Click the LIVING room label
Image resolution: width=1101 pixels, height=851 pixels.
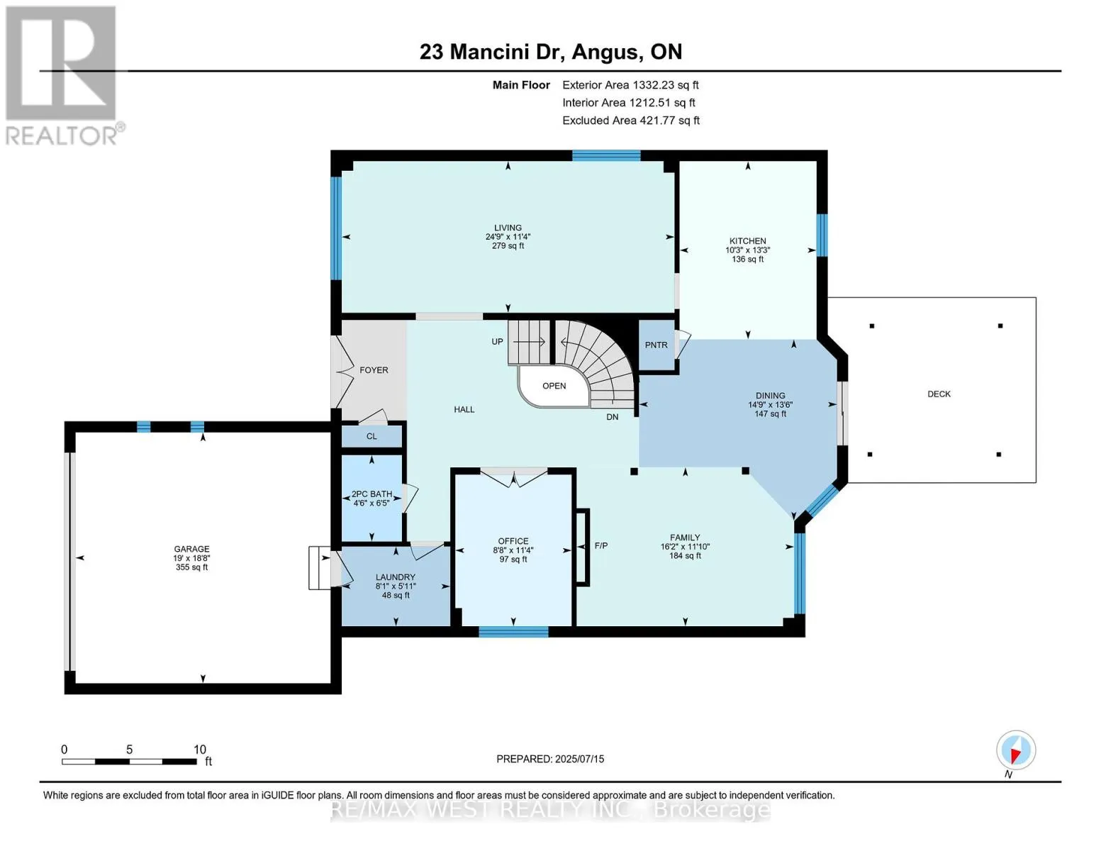pos(508,228)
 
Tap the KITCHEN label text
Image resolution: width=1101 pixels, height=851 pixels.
pos(747,240)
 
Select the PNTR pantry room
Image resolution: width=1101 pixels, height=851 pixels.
pos(656,345)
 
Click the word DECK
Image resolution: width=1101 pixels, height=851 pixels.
pos(939,394)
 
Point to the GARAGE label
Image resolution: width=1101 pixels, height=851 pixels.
pos(191,549)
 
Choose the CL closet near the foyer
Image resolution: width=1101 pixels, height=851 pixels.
pos(372,436)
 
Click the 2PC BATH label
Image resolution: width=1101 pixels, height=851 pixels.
pos(372,494)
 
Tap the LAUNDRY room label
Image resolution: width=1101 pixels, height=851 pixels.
pos(395,577)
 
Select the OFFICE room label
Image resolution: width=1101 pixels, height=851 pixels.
pos(513,541)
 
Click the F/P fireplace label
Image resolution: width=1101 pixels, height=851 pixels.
pos(601,546)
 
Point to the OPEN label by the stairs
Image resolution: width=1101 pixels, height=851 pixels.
pos(554,386)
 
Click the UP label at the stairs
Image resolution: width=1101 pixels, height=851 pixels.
pos(497,342)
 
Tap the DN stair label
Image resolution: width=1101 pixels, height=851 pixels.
pos(612,417)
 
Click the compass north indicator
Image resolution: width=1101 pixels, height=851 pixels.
pos(1016,750)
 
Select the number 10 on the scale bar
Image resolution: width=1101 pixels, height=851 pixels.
pos(200,750)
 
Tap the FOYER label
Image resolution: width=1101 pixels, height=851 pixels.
pos(374,370)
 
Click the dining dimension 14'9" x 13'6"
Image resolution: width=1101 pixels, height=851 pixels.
pos(770,404)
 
